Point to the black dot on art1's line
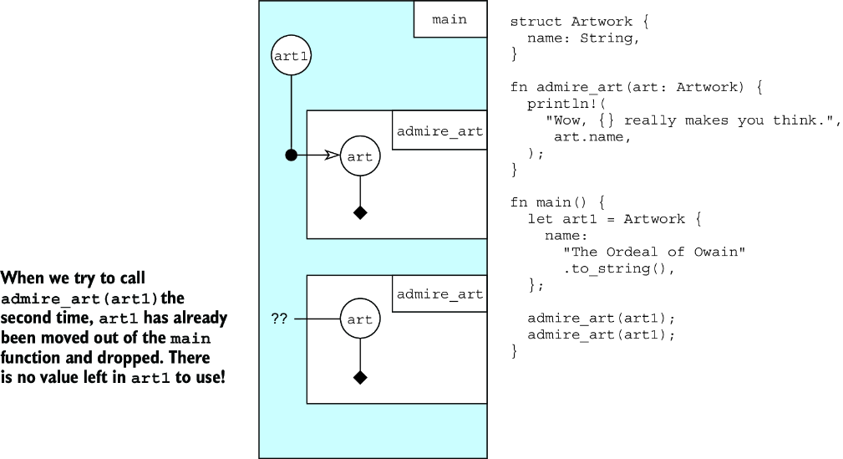(x=291, y=156)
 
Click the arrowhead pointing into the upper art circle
(x=333, y=156)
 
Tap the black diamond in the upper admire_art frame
(x=360, y=213)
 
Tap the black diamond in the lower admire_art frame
(x=360, y=378)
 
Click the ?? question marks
(x=279, y=319)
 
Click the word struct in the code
(x=536, y=22)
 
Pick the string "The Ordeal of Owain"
(x=654, y=252)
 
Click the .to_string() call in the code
(x=619, y=268)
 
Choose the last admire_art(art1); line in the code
(x=601, y=334)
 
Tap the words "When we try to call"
(x=74, y=278)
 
